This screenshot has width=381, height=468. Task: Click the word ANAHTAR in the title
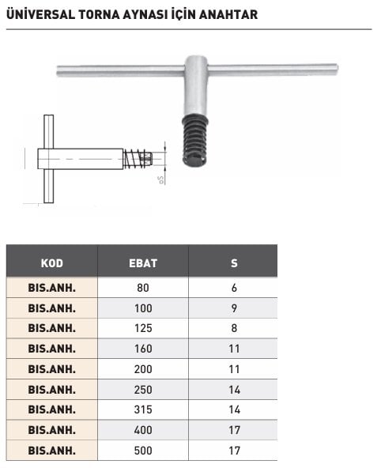tap(228, 14)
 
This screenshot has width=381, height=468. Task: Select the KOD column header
tap(52, 263)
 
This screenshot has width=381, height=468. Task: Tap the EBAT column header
tap(143, 263)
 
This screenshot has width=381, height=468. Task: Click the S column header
tap(234, 263)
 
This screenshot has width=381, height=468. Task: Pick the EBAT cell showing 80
tap(143, 288)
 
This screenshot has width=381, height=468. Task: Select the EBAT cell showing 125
tap(143, 328)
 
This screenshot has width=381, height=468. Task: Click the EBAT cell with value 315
tap(143, 409)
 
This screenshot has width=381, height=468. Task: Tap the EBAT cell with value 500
tap(143, 451)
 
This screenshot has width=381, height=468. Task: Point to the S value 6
tap(234, 288)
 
